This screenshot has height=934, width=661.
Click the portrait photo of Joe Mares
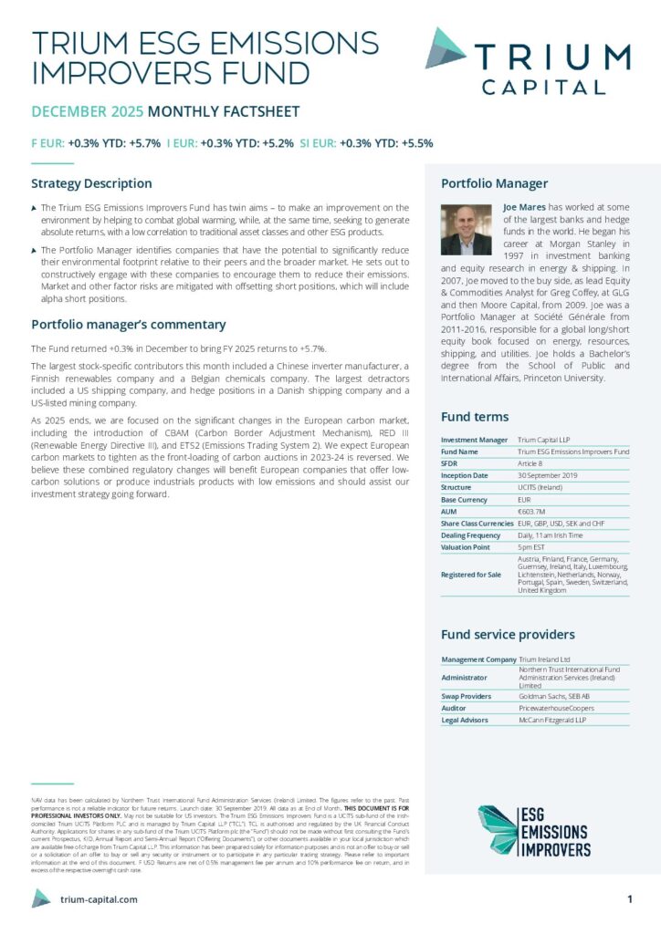click(466, 229)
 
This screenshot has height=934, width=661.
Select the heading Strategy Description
click(91, 183)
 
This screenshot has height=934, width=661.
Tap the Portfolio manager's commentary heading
click(128, 324)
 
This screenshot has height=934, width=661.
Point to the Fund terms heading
click(475, 416)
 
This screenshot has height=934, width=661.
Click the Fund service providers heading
click(508, 634)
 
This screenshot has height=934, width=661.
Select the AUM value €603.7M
click(532, 512)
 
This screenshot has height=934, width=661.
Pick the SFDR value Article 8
click(532, 463)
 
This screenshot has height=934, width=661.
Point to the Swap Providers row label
click(467, 696)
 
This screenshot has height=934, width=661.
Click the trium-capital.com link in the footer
click(98, 899)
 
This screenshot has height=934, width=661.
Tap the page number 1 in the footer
click(630, 899)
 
